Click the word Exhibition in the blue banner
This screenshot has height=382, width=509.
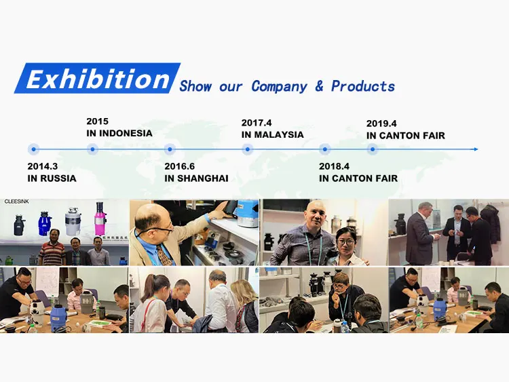(98, 79)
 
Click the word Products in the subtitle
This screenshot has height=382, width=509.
(363, 86)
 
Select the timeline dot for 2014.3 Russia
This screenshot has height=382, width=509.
(34, 149)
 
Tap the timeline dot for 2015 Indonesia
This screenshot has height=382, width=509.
(92, 149)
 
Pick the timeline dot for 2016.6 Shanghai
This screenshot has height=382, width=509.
(170, 149)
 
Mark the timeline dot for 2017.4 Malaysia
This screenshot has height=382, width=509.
(247, 149)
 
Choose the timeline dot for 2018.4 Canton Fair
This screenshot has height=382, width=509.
(324, 149)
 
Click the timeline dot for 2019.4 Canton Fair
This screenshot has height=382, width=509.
(373, 149)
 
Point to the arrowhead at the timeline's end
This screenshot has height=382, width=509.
(476, 149)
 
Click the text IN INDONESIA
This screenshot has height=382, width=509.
(119, 134)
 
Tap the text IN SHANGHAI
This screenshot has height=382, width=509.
(196, 178)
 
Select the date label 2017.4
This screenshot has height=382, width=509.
(257, 123)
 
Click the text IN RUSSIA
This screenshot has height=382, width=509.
(52, 178)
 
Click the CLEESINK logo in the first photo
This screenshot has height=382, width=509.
(16, 202)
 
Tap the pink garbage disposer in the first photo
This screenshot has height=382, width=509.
(100, 218)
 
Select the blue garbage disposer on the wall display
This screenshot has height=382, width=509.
(44, 223)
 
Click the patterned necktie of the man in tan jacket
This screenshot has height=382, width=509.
(164, 254)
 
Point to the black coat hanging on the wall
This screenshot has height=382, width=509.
(491, 224)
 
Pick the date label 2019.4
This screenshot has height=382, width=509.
(381, 123)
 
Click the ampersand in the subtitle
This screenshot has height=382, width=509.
(319, 86)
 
